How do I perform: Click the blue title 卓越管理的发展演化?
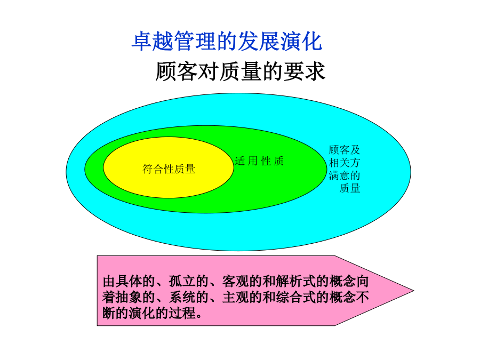pos(227,41)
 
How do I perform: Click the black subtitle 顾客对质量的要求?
pos(241,71)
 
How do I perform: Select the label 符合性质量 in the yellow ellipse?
pos(169,169)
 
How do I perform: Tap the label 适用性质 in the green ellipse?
pos(259,161)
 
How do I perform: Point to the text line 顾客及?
pos(345,150)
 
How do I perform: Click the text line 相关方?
pos(345,163)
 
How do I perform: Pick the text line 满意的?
pos(345,175)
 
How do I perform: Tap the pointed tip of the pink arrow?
pos(413,291)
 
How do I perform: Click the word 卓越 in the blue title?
pos(153,41)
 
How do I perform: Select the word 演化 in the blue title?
pos(301,41)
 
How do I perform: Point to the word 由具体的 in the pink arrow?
pos(129,281)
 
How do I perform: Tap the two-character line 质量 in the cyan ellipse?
pos(349,188)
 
